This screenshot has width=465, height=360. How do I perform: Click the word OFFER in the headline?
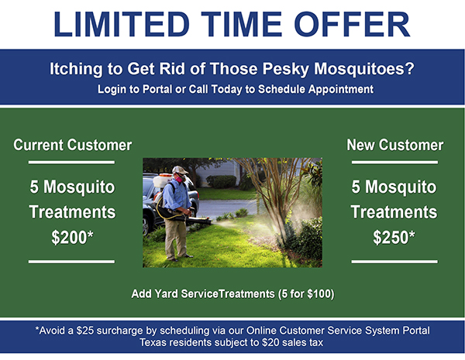point(352,24)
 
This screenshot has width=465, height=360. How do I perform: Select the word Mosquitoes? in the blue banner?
point(364,69)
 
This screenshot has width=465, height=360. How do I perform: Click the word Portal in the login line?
point(157,89)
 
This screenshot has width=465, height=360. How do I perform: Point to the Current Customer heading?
point(73,145)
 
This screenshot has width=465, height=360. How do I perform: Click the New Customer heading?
point(395,145)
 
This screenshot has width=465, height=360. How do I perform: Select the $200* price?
point(72,238)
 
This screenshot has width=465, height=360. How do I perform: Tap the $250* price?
point(394,238)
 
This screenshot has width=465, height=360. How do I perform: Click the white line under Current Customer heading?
point(71,163)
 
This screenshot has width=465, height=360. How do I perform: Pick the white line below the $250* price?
point(394,262)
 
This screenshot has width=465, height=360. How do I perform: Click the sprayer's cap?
point(180,170)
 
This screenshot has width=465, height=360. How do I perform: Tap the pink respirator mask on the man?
point(180,178)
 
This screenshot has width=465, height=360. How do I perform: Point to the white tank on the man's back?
point(161,180)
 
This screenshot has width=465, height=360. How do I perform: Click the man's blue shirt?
point(176,195)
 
